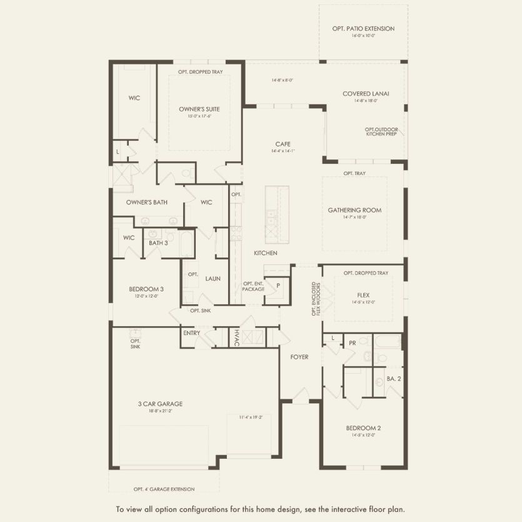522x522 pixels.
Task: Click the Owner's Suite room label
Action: tap(199, 109)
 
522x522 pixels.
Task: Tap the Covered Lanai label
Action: tap(366, 93)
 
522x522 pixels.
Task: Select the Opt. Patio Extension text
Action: tap(363, 28)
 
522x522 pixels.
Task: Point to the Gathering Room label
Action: tap(354, 210)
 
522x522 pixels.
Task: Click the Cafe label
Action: tap(283, 144)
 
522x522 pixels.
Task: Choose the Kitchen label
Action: tap(265, 253)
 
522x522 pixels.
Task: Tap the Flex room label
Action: tap(363, 295)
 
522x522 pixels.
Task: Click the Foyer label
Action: tap(299, 356)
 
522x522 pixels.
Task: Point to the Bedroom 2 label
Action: tap(363, 428)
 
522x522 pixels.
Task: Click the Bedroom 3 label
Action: tap(146, 289)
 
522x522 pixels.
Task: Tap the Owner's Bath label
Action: tap(146, 202)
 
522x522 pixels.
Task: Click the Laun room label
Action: tap(213, 278)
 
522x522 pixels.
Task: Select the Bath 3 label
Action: tap(158, 243)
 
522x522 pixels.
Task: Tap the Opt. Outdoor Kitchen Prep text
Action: tap(382, 132)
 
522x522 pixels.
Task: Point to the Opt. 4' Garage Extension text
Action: tap(164, 489)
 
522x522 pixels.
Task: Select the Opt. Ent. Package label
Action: tap(253, 286)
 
